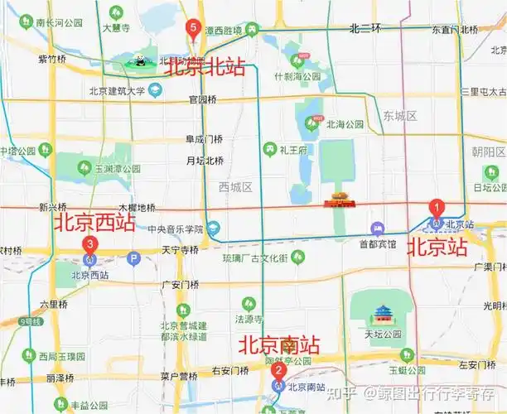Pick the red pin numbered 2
[278, 372]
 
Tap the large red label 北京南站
[279, 344]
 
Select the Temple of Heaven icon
[382, 313]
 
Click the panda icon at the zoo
[140, 60]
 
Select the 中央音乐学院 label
[176, 229]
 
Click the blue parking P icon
[133, 258]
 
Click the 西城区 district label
[235, 187]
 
